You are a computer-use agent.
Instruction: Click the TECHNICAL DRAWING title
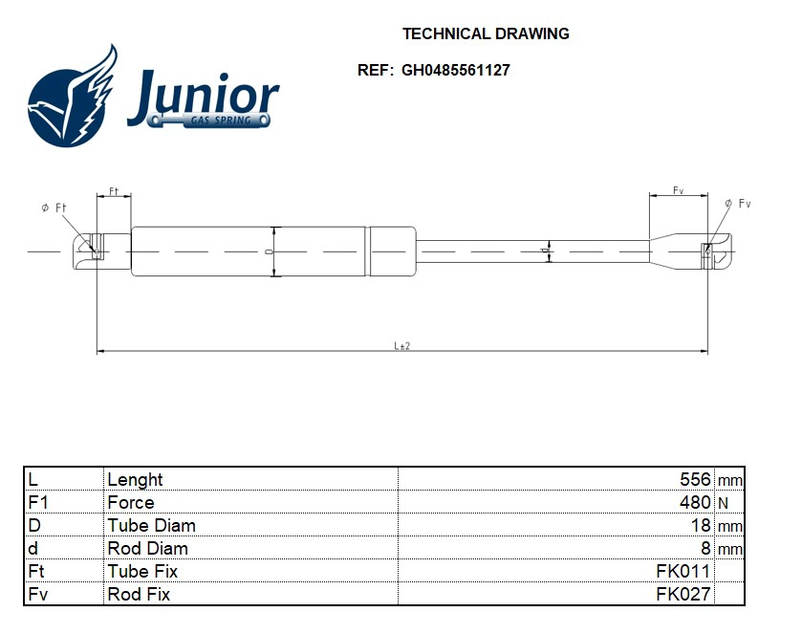[x=486, y=33]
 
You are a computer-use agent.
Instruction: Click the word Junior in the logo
[x=203, y=96]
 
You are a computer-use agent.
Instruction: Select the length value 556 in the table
[x=695, y=479]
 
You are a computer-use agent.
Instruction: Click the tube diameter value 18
[x=701, y=525]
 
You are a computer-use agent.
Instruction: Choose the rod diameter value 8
[x=705, y=548]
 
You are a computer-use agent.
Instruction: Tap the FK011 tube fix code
[x=683, y=571]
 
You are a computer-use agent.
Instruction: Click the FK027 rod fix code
[x=683, y=594]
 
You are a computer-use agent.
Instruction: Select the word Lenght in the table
[x=135, y=479]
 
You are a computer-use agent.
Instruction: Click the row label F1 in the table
[x=38, y=502]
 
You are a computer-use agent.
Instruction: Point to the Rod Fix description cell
[x=139, y=594]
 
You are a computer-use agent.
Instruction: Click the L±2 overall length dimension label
[x=402, y=346]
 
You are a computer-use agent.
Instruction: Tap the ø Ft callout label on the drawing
[x=54, y=208]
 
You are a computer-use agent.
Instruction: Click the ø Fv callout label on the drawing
[x=738, y=204]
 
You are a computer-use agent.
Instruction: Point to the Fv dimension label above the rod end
[x=678, y=190]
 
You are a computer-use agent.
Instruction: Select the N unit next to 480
[x=723, y=503]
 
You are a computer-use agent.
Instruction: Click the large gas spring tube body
[x=248, y=251]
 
